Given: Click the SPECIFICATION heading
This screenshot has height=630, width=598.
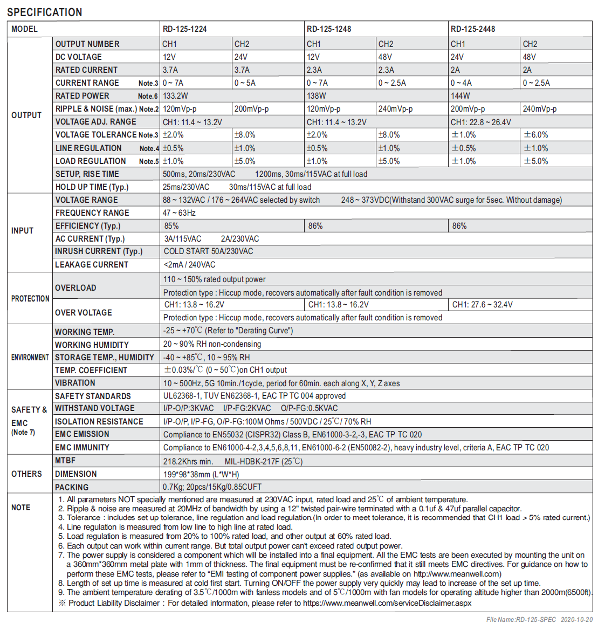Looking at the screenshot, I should pos(45,12).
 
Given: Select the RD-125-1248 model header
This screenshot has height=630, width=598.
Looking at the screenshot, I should pos(328,29).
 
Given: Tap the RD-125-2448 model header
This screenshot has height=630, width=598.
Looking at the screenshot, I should pos(472,29).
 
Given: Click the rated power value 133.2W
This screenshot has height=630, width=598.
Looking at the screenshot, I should pos(175,96).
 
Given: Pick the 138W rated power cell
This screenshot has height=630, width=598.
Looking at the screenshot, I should pos(316,96).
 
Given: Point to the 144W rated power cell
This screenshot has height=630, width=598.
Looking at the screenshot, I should pos(460,96).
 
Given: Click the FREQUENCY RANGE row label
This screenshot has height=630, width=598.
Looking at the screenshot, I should pos(92,213).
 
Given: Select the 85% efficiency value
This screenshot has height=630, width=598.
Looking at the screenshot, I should pos(171,226).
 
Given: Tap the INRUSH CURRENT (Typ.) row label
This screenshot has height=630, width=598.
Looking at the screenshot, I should pos(99,251).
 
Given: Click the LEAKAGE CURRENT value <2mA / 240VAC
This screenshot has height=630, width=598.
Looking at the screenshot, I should pos(189,265).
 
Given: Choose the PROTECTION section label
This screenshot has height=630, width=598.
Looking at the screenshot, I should pos(30,299).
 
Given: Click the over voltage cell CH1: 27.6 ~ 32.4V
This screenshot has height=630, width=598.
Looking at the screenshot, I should pos(482,305).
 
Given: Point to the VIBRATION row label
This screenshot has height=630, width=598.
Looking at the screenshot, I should pos(75,383).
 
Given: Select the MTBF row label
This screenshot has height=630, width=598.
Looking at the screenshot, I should pos(65,461).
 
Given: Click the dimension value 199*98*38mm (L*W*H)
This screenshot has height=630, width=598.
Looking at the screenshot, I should pos(201,474).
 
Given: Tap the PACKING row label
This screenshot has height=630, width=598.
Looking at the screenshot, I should pos(72,487).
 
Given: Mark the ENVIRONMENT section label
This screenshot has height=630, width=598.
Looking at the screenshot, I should pos(30,358).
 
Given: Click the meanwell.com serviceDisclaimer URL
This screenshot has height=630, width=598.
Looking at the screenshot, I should pos(387,603).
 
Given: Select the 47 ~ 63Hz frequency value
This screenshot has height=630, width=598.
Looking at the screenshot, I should pos(179,213).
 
